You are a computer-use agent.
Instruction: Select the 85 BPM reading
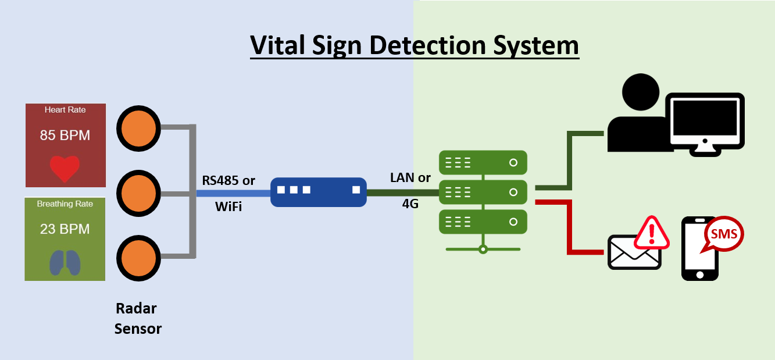pyautogui.click(x=65, y=136)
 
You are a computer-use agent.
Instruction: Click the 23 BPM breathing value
pyautogui.click(x=65, y=229)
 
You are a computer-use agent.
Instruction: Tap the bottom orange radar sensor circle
pyautogui.click(x=138, y=257)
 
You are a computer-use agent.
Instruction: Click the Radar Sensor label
pyautogui.click(x=137, y=318)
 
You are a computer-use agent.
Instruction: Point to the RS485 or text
pyautogui.click(x=228, y=180)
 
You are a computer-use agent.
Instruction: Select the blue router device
pyautogui.click(x=318, y=192)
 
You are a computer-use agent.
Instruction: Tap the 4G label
pyautogui.click(x=410, y=204)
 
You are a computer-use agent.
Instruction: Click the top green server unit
pyautogui.click(x=483, y=163)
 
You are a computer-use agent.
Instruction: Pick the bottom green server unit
pyautogui.click(x=483, y=222)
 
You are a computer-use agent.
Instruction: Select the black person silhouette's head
pyautogui.click(x=641, y=92)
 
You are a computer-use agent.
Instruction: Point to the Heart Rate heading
pyautogui.click(x=65, y=110)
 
